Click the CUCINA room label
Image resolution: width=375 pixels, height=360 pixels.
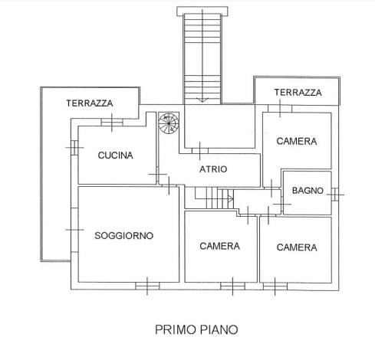(115, 155)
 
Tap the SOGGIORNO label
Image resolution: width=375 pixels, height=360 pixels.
(124, 235)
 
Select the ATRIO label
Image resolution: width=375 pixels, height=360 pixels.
(213, 169)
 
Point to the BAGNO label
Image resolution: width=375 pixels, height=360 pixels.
(308, 191)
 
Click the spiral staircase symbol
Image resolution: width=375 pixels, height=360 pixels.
(169, 123)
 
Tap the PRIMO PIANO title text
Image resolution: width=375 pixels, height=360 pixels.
(196, 329)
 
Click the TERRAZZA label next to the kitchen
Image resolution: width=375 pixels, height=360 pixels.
(90, 103)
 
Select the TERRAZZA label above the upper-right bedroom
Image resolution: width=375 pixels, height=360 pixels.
(298, 93)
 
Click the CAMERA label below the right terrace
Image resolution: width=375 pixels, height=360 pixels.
(297, 141)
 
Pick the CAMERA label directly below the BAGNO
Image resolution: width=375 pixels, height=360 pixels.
(297, 247)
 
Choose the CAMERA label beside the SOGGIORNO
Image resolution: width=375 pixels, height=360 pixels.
(220, 246)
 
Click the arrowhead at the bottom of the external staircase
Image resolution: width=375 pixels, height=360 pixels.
(202, 100)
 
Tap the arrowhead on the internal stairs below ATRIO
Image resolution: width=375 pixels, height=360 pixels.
(231, 198)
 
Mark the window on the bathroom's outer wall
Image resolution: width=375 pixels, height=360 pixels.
(335, 195)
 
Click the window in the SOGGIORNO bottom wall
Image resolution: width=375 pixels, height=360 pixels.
(147, 286)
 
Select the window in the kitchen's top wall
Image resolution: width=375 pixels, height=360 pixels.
(112, 123)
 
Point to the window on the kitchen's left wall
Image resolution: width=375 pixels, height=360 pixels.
(74, 148)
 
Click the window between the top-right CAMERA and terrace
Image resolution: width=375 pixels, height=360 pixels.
(280, 109)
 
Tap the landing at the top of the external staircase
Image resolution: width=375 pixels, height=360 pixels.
(202, 11)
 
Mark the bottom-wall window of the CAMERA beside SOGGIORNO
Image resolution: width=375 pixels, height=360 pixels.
(232, 286)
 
